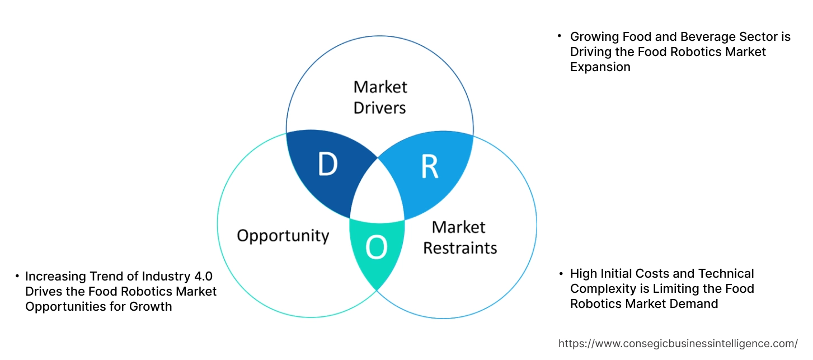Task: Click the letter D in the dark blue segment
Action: pyautogui.click(x=328, y=165)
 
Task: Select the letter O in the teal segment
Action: pyautogui.click(x=377, y=248)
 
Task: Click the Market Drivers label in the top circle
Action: pyautogui.click(x=380, y=97)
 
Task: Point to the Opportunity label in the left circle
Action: pyautogui.click(x=283, y=235)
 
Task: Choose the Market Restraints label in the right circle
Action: pyautogui.click(x=459, y=237)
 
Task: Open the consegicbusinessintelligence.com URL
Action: pyautogui.click(x=678, y=343)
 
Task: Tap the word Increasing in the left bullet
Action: pyautogui.click(x=55, y=276)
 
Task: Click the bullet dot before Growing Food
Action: pyautogui.click(x=560, y=36)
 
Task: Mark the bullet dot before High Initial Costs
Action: pyautogui.click(x=560, y=273)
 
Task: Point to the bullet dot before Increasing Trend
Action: pyautogui.click(x=17, y=276)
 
